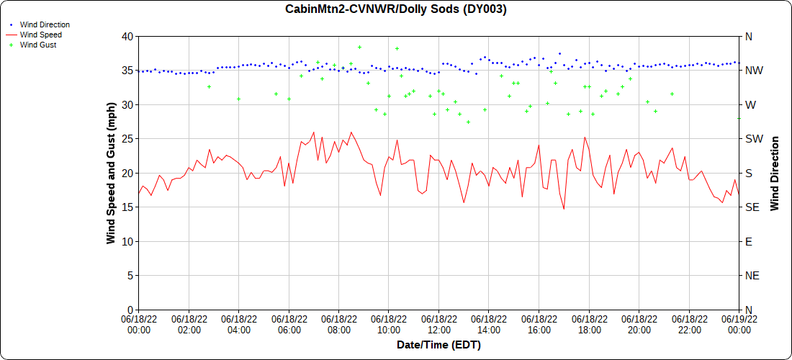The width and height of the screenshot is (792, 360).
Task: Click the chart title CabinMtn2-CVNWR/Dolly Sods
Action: click(396, 9)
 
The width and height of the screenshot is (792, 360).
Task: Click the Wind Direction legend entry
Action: click(45, 24)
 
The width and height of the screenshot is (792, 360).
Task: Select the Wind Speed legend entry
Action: click(40, 35)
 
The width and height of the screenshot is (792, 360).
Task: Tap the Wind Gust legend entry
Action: click(38, 45)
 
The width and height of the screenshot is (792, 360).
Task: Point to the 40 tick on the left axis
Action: click(127, 37)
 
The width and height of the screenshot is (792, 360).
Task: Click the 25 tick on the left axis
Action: click(127, 139)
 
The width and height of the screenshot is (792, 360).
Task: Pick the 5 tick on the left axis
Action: click(130, 276)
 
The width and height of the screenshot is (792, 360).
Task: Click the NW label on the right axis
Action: click(752, 71)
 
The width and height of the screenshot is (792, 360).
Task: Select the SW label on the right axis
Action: click(752, 139)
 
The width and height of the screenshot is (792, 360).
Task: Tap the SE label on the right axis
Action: click(751, 207)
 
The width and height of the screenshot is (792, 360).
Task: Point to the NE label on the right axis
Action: click(751, 276)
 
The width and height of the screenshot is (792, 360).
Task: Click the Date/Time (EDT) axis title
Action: click(438, 345)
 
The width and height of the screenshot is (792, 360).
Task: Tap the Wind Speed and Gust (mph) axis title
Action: click(111, 173)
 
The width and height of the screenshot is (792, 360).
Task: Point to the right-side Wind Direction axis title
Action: click(775, 173)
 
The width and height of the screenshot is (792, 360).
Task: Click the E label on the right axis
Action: click(748, 242)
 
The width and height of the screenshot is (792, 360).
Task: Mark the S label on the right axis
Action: click(748, 174)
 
